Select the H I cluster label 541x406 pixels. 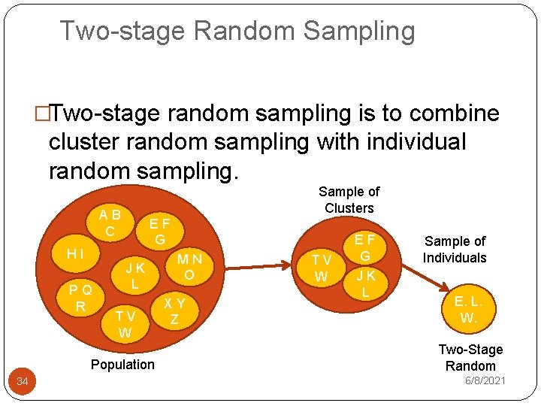75,254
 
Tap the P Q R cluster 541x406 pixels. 80,298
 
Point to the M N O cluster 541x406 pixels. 189,267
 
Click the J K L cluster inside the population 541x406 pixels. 135,276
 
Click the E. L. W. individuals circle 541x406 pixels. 468,309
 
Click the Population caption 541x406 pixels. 122,365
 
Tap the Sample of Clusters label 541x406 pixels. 349,200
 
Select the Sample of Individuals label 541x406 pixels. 455,250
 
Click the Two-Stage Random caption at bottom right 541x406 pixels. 470,358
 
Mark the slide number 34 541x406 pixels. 23,383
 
